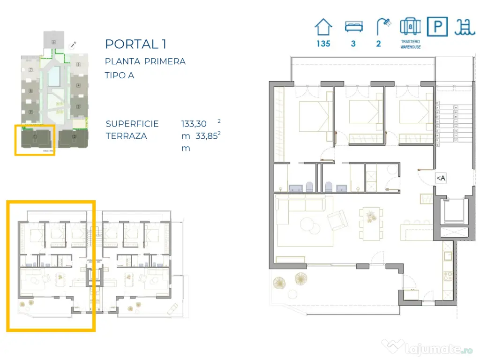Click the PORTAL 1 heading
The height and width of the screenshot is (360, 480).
coord(136,44)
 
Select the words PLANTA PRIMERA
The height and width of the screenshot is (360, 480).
coord(145,61)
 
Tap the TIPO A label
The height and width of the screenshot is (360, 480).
coord(120,75)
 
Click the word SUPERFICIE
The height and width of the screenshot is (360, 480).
coord(132,124)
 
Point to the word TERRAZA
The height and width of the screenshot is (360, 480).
coord(126,136)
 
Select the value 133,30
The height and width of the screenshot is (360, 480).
coord(194,124)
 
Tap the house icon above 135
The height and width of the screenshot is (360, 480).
coord(323,27)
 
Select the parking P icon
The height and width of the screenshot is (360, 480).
coord(437,27)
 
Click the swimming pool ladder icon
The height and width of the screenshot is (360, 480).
coord(464,27)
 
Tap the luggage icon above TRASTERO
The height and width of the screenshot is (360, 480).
coord(410,27)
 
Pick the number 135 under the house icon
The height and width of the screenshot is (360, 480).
coord(323,44)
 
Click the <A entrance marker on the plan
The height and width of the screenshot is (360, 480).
coord(440,178)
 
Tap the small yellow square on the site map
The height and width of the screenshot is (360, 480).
coord(35,140)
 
